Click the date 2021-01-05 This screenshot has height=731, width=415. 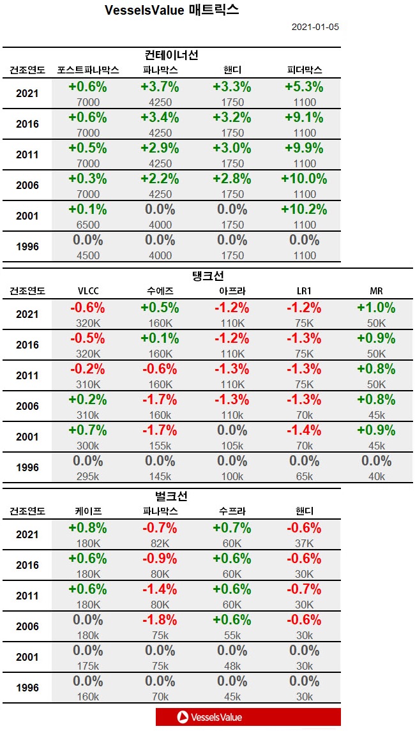tap(315, 27)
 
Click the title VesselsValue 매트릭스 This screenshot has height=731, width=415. tap(171, 10)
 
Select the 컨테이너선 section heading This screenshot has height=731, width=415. tap(172, 55)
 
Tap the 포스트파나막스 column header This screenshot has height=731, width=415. tap(88, 70)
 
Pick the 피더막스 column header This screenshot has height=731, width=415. tap(305, 70)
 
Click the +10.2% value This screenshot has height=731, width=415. tap(304, 209)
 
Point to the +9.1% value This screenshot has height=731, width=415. tap(304, 117)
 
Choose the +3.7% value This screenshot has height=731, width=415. tap(160, 87)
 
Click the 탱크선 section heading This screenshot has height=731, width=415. tap(208, 276)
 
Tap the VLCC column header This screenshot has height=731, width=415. tap(87, 291)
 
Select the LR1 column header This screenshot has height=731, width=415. tap(304, 291)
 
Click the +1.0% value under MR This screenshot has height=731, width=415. tap(376, 308)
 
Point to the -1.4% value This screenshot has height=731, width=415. tap(304, 430)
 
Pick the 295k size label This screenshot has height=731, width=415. tap(87, 476)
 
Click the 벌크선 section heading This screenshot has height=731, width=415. tap(172, 496)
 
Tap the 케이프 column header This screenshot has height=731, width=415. tap(87, 511)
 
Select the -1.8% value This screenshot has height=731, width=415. tap(160, 620)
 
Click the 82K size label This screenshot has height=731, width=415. tap(160, 543)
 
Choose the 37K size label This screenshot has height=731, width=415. tap(304, 543)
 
